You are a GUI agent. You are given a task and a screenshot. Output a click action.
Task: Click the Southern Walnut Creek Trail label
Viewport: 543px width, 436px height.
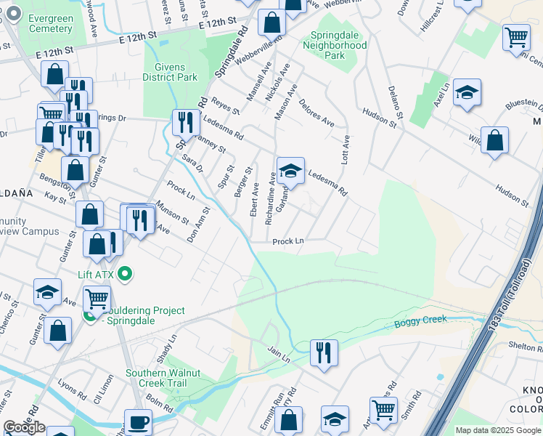tap(155, 378)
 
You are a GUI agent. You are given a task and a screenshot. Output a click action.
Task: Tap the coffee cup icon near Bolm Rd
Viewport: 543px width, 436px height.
tap(137, 422)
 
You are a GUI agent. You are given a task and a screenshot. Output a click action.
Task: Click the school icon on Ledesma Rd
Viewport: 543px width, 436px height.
tap(290, 171)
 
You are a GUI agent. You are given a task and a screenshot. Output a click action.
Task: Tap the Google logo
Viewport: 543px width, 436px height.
tap(24, 427)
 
